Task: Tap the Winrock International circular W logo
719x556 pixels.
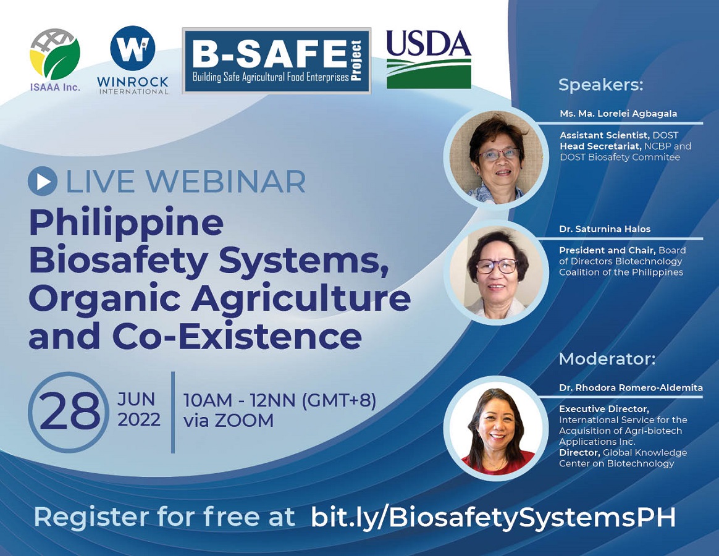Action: pyautogui.click(x=133, y=48)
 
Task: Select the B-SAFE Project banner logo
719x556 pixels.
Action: pyautogui.click(x=277, y=61)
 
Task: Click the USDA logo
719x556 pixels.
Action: pyautogui.click(x=429, y=59)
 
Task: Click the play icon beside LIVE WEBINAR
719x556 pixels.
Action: pyautogui.click(x=43, y=181)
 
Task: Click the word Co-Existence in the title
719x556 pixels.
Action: pyautogui.click(x=238, y=336)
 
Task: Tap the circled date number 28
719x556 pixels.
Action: pyautogui.click(x=69, y=411)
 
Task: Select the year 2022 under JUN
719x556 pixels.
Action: pyautogui.click(x=139, y=419)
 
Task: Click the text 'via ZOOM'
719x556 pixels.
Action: pyautogui.click(x=229, y=420)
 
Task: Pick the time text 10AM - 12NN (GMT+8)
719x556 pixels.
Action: pyautogui.click(x=280, y=400)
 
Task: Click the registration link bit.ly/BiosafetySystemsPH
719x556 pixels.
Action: pyautogui.click(x=494, y=518)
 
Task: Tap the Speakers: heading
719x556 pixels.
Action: pyautogui.click(x=600, y=85)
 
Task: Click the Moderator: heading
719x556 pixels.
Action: pyautogui.click(x=607, y=359)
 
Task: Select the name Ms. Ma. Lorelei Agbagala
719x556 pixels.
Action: pyautogui.click(x=618, y=113)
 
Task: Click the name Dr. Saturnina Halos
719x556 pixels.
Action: pyautogui.click(x=604, y=229)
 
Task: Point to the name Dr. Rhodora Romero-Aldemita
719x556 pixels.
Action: pyautogui.click(x=631, y=387)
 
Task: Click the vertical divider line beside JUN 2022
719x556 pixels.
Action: pyautogui.click(x=173, y=412)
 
